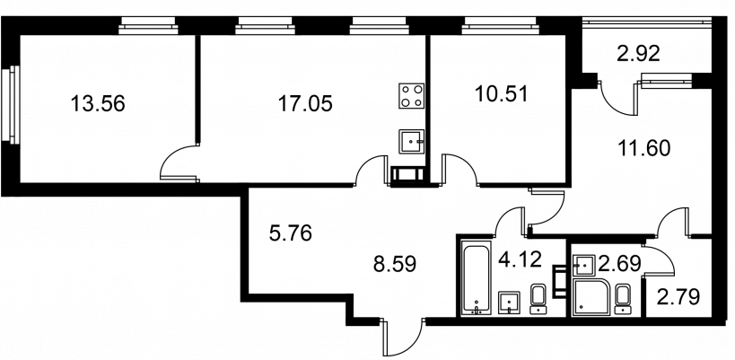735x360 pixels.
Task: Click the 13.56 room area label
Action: coord(98,103)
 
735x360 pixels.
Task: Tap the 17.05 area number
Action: coord(305,103)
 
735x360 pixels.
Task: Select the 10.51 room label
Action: coord(501,94)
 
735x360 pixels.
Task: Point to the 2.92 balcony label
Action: coord(638,54)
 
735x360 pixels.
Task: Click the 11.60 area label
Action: coord(643,149)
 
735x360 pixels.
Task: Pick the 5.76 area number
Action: coord(291,233)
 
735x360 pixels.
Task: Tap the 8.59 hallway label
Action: coord(395,264)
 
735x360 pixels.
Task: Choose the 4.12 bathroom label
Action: coord(520,259)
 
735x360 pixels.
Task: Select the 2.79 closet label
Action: coord(678,297)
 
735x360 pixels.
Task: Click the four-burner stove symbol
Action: coord(411,96)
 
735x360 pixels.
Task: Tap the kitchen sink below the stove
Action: coord(412,141)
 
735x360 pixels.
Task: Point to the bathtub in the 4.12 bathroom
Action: coord(477,277)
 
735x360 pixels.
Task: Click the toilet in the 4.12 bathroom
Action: coord(538,299)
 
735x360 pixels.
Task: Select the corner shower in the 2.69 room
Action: coord(591,297)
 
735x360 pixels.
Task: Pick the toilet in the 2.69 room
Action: coord(622,299)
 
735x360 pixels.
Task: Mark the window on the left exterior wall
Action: coord(10,103)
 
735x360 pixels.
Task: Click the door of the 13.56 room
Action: coord(179,162)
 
